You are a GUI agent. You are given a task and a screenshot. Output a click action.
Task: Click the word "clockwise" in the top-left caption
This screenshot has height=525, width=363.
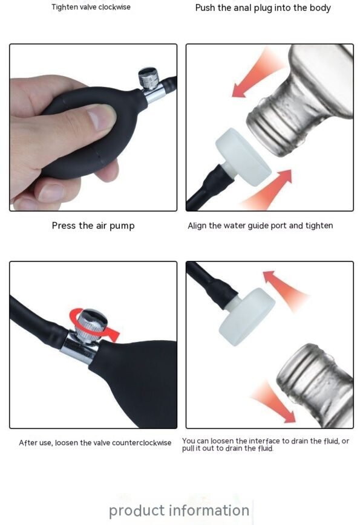pos(112,7)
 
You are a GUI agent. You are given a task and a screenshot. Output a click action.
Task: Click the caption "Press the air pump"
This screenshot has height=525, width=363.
pos(93,225)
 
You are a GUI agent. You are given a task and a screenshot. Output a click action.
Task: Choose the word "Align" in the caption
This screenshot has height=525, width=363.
pos(198,225)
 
